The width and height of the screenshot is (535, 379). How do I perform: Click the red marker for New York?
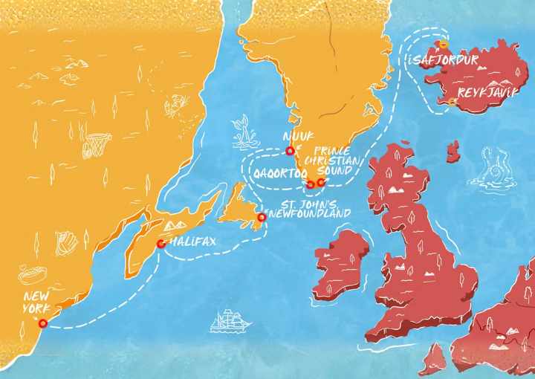tap(42, 323)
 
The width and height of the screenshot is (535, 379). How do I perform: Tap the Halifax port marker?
tap(160, 243)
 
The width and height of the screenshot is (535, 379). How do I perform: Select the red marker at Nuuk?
tap(290, 151)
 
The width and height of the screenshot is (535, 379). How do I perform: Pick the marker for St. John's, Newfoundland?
tap(261, 217)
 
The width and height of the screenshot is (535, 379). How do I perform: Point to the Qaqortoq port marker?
tap(310, 184)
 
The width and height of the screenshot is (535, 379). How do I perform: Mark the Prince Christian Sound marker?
tap(320, 182)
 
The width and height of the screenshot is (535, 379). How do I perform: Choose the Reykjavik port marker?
tap(451, 101)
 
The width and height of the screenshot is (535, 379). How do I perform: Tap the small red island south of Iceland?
tap(452, 152)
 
